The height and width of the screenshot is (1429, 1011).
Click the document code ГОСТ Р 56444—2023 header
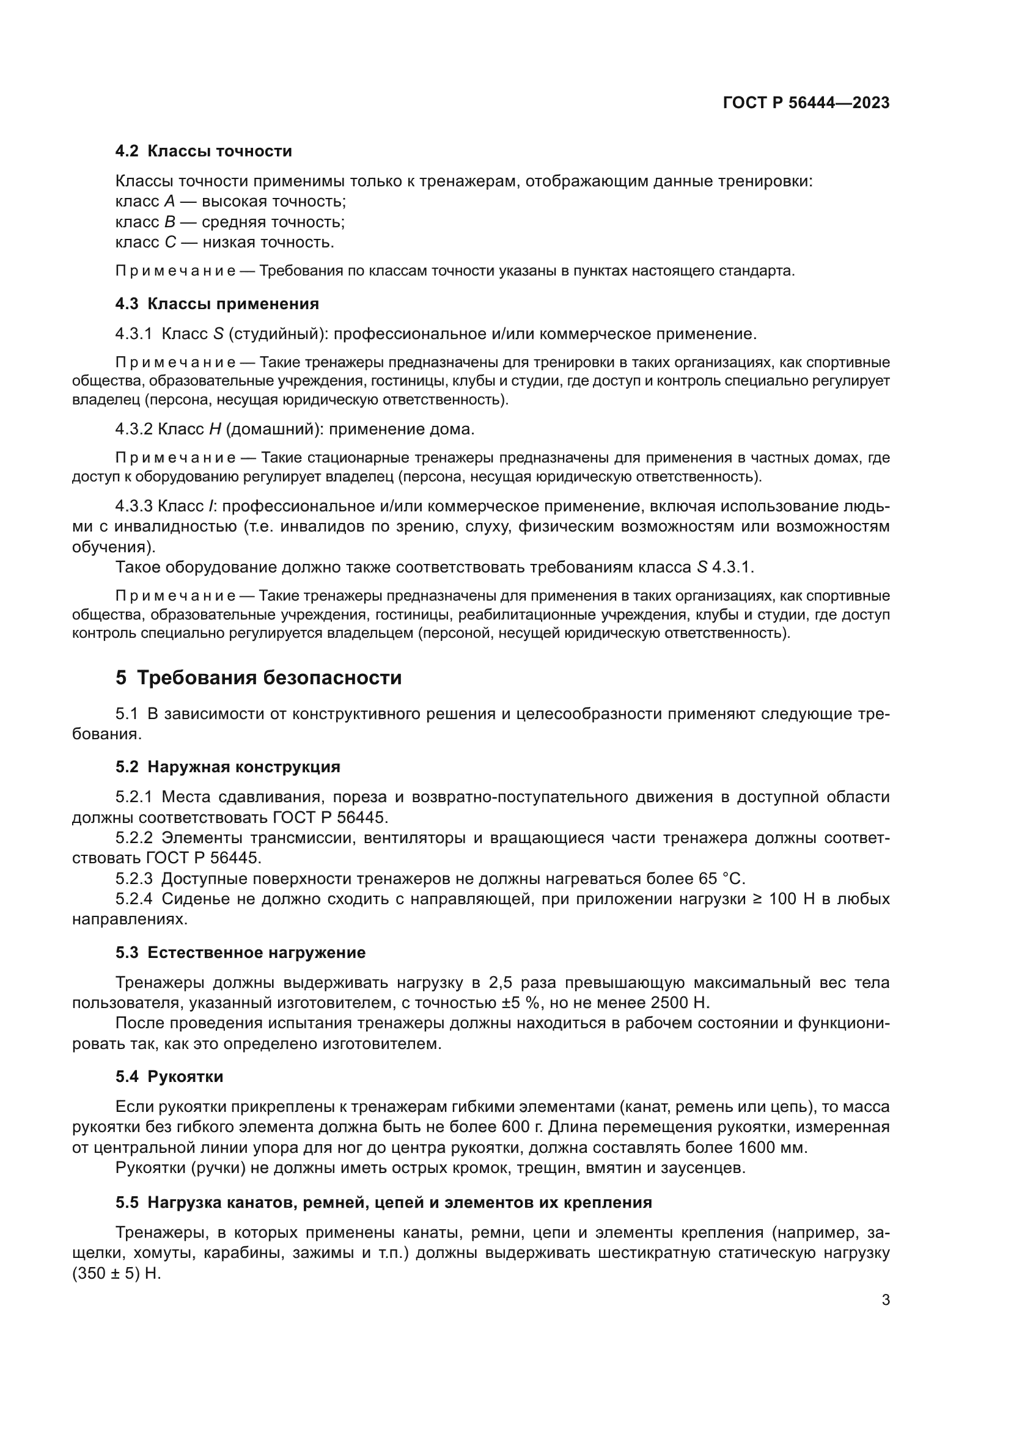[x=806, y=103]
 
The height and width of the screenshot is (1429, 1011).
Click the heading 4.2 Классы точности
[x=204, y=152]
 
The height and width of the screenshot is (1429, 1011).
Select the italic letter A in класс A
[x=170, y=202]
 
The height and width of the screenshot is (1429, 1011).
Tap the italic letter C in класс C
[x=170, y=242]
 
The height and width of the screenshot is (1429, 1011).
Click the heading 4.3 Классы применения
[x=216, y=304]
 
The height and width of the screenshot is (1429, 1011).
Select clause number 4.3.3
[x=133, y=506]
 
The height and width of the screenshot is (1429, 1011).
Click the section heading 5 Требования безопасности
[x=259, y=678]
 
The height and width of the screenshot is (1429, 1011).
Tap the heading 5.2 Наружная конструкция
[x=228, y=767]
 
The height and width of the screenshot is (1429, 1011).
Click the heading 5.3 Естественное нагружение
[x=240, y=953]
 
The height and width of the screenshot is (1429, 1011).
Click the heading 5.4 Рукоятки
[x=169, y=1076]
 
